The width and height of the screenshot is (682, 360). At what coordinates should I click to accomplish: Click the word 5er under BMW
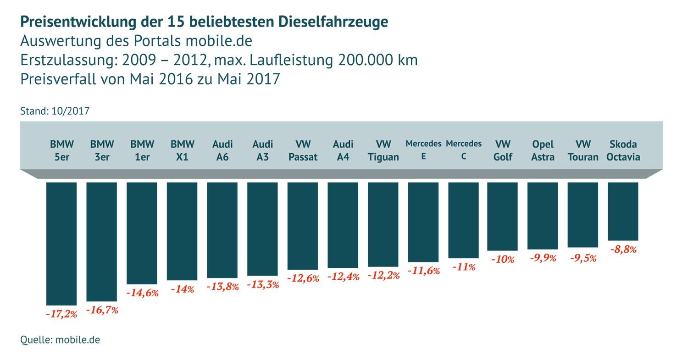click(62, 157)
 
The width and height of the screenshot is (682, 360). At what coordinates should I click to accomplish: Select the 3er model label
click(102, 157)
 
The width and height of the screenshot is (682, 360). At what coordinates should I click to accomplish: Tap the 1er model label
click(142, 157)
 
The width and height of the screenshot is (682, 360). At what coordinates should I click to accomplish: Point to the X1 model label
click(183, 157)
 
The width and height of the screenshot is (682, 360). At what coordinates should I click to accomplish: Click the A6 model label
click(222, 157)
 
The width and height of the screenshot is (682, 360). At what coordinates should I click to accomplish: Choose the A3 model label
click(263, 157)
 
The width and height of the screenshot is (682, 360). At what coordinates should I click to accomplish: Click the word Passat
click(303, 157)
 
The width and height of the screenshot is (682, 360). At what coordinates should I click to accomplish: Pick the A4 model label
click(343, 157)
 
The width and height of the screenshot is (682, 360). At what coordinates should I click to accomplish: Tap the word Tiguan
click(383, 157)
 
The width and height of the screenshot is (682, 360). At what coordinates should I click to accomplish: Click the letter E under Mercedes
click(423, 156)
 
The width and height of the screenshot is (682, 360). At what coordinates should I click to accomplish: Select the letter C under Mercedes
click(464, 156)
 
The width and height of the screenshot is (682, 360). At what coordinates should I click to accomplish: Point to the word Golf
click(503, 157)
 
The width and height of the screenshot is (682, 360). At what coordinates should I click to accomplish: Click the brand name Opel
click(543, 144)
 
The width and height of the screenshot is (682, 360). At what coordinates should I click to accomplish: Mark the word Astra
click(543, 157)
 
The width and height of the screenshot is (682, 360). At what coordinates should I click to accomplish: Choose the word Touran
click(583, 157)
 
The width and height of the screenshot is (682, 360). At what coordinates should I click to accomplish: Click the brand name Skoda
click(623, 144)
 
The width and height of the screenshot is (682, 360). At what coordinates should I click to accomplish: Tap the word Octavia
click(623, 157)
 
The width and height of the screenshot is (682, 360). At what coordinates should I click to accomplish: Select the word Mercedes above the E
click(423, 144)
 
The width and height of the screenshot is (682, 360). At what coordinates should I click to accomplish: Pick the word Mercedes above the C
click(464, 144)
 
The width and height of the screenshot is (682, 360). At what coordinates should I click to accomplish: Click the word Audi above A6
click(222, 144)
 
